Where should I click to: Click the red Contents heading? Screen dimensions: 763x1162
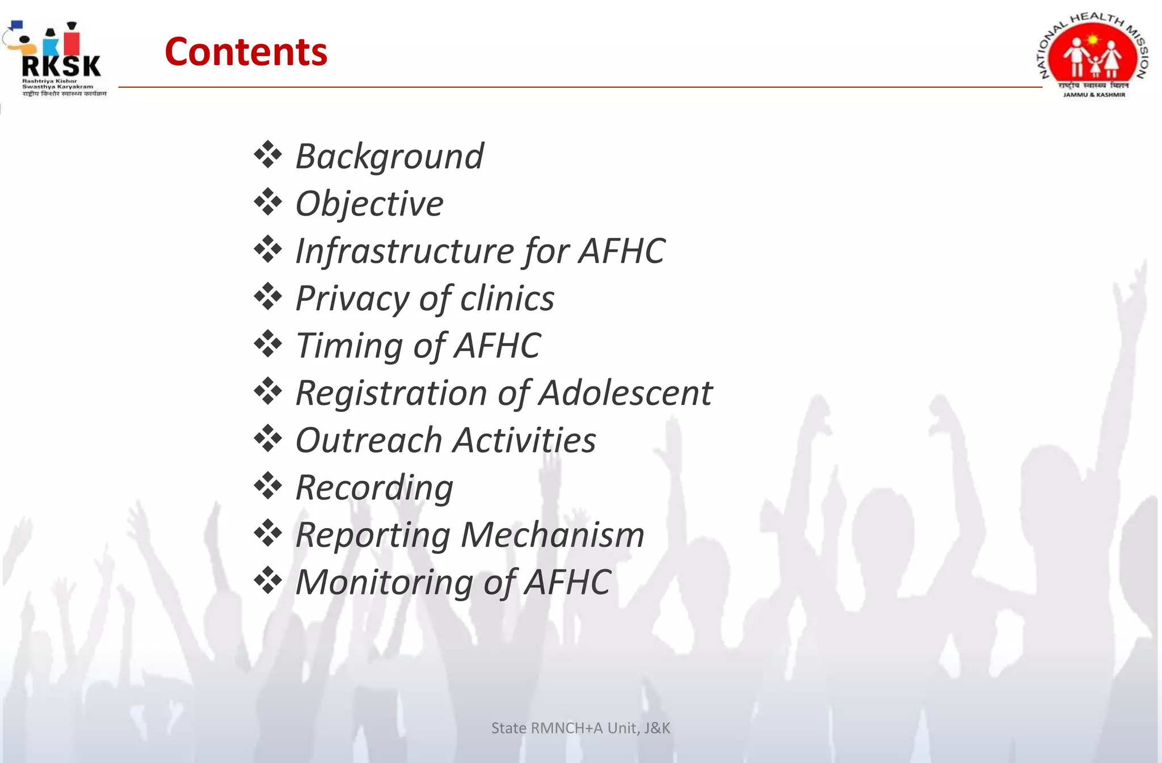tap(246, 52)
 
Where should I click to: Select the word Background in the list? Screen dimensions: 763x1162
tap(389, 156)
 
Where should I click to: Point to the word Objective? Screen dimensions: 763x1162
tap(369, 204)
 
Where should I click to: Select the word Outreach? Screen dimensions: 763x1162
tap(369, 440)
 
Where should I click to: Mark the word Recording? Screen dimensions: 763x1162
tap(374, 488)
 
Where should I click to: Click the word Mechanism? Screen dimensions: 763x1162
tap(552, 535)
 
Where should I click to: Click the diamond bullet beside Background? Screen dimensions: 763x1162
tap(268, 155)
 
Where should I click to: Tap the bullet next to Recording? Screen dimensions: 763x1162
tap(268, 486)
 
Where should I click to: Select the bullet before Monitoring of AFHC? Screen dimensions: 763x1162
tap(268, 580)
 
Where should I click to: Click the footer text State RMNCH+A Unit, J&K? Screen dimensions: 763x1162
tap(580, 728)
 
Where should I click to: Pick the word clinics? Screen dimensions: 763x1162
tap(507, 298)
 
